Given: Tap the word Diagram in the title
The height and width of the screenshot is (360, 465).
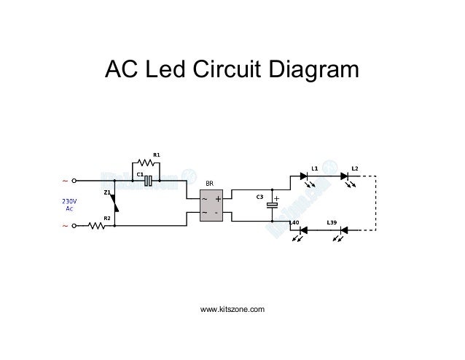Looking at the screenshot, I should [x=313, y=71].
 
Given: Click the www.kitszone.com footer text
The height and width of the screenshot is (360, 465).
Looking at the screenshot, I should [x=232, y=311].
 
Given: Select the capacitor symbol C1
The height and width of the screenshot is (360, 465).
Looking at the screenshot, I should [x=149, y=180].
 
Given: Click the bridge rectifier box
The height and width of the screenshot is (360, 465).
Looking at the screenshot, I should [x=209, y=205].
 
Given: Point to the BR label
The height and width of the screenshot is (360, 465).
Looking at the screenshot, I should [x=209, y=184].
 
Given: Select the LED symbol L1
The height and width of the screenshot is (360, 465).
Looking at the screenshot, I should [x=304, y=176].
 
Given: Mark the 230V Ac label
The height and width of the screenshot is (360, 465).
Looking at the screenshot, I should [x=69, y=204].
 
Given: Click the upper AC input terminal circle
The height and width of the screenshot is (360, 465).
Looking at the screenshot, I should [x=76, y=180].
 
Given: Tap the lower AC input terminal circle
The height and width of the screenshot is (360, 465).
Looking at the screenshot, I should [x=76, y=226].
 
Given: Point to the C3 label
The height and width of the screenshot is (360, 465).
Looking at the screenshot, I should [x=259, y=197].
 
